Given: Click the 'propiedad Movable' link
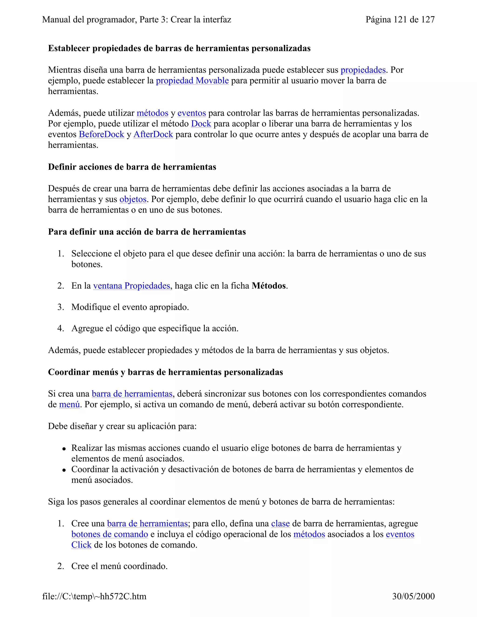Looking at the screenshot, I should (x=192, y=81).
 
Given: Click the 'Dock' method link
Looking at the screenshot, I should (x=201, y=123).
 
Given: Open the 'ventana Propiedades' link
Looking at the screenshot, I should (x=131, y=286).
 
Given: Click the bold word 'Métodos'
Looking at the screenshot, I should (x=269, y=286).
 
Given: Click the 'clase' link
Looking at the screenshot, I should (x=280, y=523).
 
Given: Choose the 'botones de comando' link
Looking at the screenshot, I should (x=110, y=534).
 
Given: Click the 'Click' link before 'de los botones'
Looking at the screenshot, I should (x=81, y=545).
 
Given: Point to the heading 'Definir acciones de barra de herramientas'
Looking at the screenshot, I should (x=132, y=167).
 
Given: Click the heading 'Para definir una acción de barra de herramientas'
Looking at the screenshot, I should (x=147, y=232).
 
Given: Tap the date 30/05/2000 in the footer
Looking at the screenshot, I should (x=413, y=596).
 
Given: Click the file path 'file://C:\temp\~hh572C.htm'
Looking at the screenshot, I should (x=94, y=596).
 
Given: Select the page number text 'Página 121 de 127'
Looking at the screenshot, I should (x=400, y=20).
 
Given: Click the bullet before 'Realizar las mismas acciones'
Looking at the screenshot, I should (x=64, y=449).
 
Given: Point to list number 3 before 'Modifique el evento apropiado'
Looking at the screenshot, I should (x=61, y=307).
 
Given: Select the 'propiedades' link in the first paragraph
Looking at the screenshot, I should (x=363, y=70).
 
